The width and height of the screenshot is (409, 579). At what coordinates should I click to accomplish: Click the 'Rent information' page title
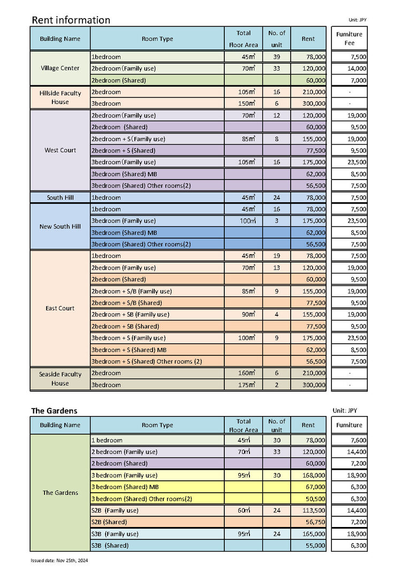pyautogui.click(x=71, y=20)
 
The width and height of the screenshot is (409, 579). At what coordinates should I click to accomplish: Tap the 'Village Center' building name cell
pyautogui.click(x=60, y=68)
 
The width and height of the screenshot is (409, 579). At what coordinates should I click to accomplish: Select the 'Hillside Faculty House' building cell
pyautogui.click(x=60, y=98)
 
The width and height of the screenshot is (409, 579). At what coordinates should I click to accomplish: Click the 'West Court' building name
pyautogui.click(x=60, y=150)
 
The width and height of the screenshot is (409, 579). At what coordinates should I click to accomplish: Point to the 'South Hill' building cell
pyautogui.click(x=60, y=197)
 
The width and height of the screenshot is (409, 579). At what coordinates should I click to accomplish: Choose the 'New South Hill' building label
pyautogui.click(x=60, y=226)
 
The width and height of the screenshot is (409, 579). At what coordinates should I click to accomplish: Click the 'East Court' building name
pyautogui.click(x=60, y=308)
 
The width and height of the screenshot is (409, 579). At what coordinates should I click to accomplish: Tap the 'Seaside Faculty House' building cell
pyautogui.click(x=60, y=379)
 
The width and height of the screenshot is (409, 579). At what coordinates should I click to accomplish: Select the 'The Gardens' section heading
pyautogui.click(x=54, y=411)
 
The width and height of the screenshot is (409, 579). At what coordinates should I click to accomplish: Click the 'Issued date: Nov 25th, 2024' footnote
pyautogui.click(x=59, y=560)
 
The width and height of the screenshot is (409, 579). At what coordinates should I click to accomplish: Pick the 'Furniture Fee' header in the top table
pyautogui.click(x=349, y=39)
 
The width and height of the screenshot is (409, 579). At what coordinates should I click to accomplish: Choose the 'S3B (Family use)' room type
pyautogui.click(x=115, y=534)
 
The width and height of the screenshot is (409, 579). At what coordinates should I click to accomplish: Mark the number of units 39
pyautogui.click(x=277, y=57)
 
